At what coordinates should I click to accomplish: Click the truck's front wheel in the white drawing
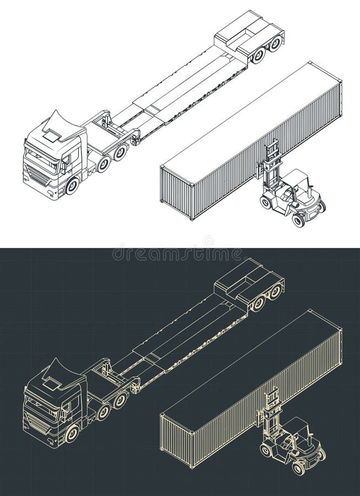pyautogui.click(x=72, y=186)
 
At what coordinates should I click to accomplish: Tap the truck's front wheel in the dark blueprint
pyautogui.click(x=72, y=434)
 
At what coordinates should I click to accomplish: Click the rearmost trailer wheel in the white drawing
pyautogui.click(x=275, y=44)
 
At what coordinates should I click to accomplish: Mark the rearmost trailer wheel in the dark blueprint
pyautogui.click(x=275, y=292)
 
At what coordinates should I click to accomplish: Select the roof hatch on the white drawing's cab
pyautogui.click(x=53, y=135)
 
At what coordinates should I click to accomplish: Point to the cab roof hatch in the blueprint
pyautogui.click(x=53, y=383)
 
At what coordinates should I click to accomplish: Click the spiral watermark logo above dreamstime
pyautogui.click(x=208, y=241)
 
